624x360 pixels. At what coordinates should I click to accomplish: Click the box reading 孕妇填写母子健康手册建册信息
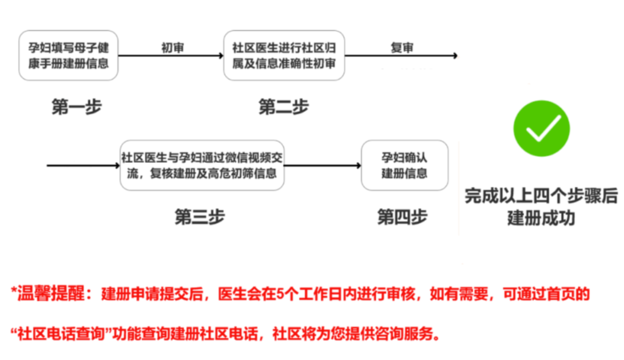(69, 56)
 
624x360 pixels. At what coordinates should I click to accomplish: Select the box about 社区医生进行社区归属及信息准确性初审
(284, 56)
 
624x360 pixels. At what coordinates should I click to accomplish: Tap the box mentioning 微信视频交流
(202, 165)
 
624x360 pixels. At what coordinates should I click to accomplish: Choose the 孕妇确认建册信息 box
(405, 165)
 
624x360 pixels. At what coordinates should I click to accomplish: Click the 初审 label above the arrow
(173, 48)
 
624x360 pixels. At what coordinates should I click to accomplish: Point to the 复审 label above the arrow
(402, 48)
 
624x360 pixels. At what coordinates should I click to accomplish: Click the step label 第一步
(77, 107)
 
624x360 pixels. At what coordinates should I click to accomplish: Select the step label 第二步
(283, 107)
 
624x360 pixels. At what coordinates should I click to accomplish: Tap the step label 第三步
(200, 217)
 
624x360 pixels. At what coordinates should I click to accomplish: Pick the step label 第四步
(402, 217)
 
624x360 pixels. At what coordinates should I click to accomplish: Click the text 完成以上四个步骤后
(541, 196)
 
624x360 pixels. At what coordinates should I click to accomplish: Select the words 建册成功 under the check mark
(541, 218)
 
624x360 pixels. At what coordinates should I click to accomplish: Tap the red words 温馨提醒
(51, 294)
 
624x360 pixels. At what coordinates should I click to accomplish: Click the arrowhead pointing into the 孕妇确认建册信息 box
(359, 165)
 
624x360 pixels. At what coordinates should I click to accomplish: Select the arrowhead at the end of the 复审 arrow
(455, 56)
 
